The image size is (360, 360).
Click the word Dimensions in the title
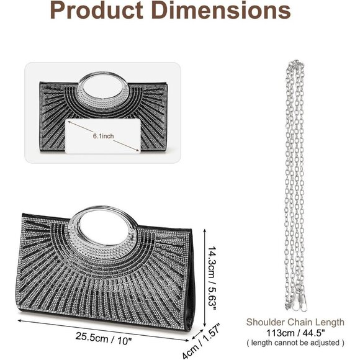pos(221,10)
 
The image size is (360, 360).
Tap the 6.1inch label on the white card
pos(103,136)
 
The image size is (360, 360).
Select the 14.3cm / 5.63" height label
pos(212,278)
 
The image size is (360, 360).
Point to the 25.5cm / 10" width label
pos(104,338)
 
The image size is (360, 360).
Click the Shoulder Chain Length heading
pos(295,322)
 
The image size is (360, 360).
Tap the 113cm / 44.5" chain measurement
pos(295,333)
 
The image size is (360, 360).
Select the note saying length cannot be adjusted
pos(295,343)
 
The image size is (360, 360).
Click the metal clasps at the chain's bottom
pos(296,303)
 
